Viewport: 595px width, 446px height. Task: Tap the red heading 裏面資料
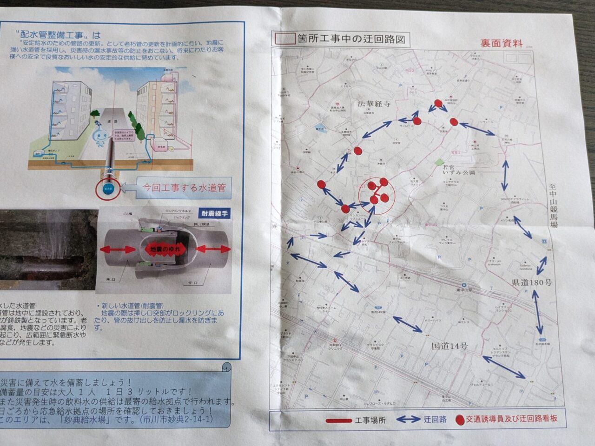click(x=502, y=43)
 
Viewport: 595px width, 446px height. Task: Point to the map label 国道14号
click(x=450, y=346)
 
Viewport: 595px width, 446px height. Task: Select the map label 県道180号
click(x=532, y=282)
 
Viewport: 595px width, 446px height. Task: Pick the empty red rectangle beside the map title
click(x=284, y=39)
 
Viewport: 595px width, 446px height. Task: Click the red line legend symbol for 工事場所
click(x=339, y=420)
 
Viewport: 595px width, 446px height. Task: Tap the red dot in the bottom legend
click(x=460, y=420)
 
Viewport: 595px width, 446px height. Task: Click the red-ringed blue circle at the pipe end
click(x=107, y=189)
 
